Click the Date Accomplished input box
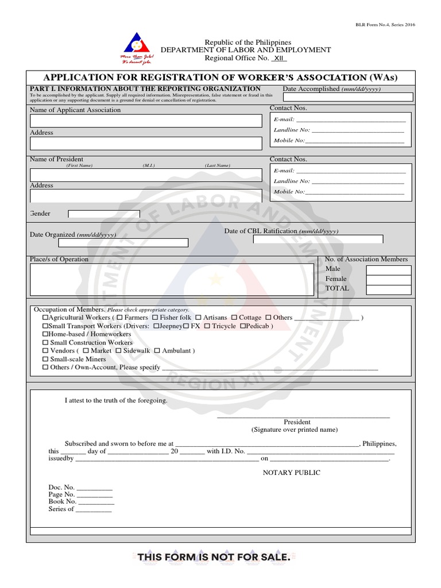click(x=347, y=97)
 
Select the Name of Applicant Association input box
click(x=146, y=121)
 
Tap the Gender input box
click(x=104, y=214)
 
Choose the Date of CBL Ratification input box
click(x=318, y=239)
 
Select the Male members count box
click(x=389, y=270)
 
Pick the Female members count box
click(x=389, y=280)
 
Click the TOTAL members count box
click(x=389, y=289)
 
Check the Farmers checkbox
click(x=119, y=318)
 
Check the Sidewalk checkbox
click(x=118, y=351)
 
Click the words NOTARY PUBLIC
click(x=292, y=473)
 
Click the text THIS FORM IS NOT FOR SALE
click(x=214, y=557)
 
